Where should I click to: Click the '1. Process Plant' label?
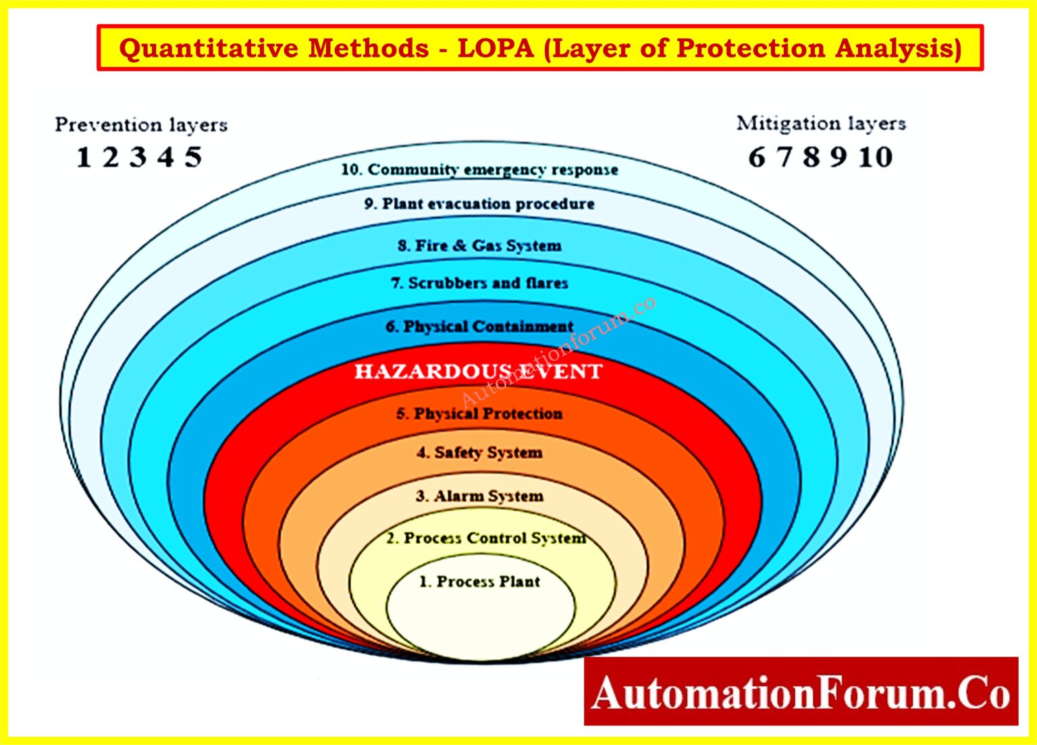[479, 582]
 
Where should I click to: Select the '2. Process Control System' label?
[485, 538]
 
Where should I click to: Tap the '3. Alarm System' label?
[479, 496]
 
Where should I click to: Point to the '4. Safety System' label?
[479, 453]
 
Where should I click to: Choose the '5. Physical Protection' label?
[479, 413]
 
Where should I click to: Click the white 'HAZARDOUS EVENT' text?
[478, 371]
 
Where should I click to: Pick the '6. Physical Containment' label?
[479, 327]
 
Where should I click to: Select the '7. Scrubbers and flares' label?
[479, 283]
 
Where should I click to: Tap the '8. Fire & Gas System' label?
[479, 246]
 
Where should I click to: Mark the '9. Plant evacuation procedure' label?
[479, 204]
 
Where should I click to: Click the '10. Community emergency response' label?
[479, 170]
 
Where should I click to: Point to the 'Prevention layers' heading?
[141, 125]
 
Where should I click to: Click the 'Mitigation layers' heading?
[821, 124]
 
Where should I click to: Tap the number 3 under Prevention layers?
[138, 157]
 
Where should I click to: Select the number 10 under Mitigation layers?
[876, 157]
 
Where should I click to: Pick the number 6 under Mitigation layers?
[757, 157]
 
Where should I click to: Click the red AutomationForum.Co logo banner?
[801, 691]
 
